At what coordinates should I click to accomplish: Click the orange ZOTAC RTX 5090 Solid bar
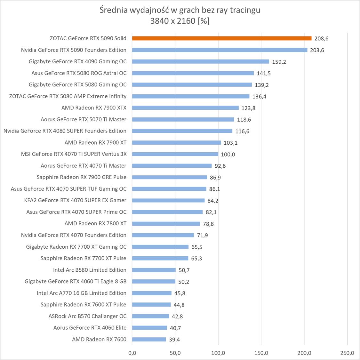221,38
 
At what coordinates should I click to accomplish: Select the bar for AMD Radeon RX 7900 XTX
185,108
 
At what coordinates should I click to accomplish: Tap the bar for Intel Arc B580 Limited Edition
154,270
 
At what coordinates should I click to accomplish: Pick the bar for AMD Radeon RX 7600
149,340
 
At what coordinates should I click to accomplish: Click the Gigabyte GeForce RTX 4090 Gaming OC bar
200,61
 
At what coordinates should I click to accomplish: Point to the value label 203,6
317,50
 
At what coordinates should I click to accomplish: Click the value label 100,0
228,154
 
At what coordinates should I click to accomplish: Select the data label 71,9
202,236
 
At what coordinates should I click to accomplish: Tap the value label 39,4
174,340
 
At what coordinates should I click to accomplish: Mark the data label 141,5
264,73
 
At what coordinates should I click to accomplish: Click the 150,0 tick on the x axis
261,353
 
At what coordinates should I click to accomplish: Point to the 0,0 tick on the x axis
132,353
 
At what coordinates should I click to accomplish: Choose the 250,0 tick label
347,353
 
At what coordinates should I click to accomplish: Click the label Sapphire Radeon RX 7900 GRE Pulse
82,177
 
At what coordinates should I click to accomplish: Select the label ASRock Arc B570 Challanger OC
87,316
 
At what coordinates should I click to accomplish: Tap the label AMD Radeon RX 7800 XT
95,223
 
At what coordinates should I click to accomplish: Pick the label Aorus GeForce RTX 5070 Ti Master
84,119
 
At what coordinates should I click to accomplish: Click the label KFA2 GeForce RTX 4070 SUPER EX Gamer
75,200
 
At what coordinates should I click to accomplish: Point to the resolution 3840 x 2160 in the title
173,21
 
